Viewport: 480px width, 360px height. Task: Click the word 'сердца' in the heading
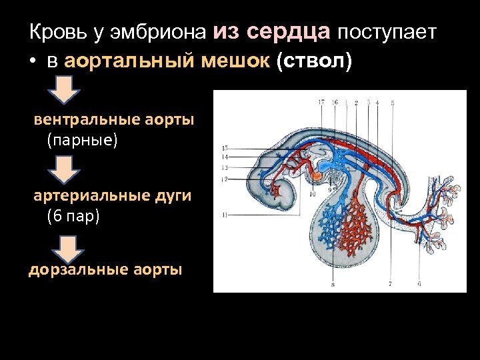point(288,31)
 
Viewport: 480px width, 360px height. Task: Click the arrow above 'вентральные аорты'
point(64,89)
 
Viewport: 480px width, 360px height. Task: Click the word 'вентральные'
point(85,120)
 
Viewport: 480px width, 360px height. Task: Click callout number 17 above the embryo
point(321,102)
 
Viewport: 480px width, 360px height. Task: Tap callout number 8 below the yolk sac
point(332,285)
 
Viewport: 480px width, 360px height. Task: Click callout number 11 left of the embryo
point(225,215)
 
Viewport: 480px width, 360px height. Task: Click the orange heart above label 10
point(316,177)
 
